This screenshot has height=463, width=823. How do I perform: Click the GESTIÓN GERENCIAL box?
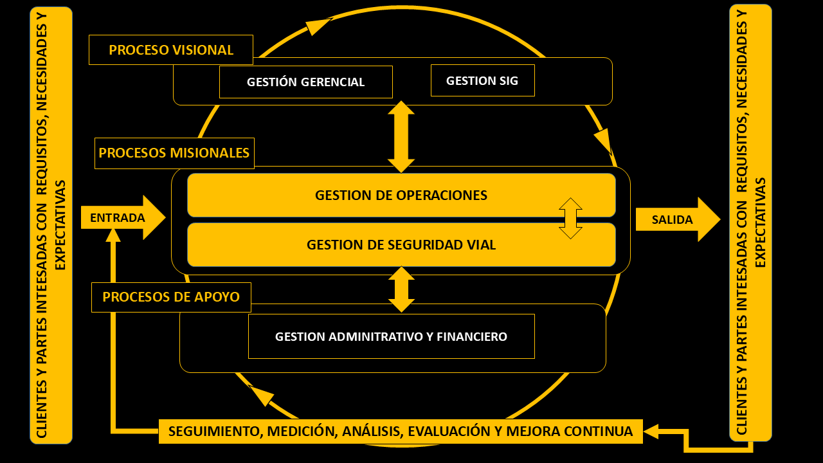(305, 82)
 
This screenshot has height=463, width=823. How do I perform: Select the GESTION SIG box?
(482, 80)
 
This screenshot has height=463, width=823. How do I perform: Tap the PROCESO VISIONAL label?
(171, 50)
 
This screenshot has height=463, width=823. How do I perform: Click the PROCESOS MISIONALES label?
(174, 153)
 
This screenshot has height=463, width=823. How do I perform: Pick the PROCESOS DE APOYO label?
(171, 297)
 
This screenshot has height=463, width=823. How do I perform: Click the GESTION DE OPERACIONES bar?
(401, 195)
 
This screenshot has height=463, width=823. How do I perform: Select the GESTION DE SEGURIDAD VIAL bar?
(401, 245)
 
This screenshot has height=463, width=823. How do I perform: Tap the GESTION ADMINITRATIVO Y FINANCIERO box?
(391, 336)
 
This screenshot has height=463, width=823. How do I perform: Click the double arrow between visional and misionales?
(401, 136)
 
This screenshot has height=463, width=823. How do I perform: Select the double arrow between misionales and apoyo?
(402, 289)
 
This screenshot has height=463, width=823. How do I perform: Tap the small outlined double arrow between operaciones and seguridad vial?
(570, 219)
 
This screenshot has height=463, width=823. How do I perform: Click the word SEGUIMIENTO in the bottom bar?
(213, 431)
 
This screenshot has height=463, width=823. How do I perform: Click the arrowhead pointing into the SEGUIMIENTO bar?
(651, 431)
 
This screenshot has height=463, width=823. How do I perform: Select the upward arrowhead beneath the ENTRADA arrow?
(113, 235)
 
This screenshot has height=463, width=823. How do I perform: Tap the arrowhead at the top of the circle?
(318, 26)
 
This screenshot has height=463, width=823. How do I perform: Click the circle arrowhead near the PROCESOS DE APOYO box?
(261, 395)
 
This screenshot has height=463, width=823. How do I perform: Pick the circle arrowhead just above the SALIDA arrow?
(602, 140)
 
